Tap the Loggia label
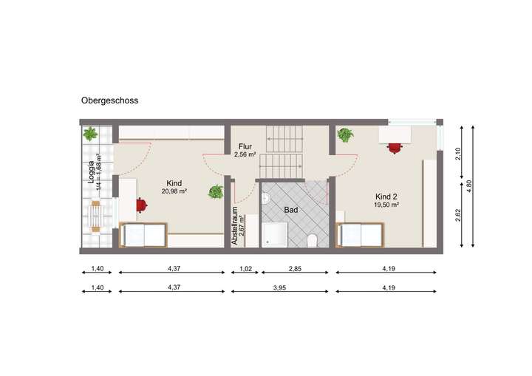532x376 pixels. [x=92, y=171]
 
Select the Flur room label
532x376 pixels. [x=245, y=146]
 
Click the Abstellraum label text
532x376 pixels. [x=235, y=225]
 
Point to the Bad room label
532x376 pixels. [x=291, y=210]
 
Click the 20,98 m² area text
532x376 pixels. [x=175, y=192]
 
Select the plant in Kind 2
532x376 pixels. [x=345, y=135]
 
